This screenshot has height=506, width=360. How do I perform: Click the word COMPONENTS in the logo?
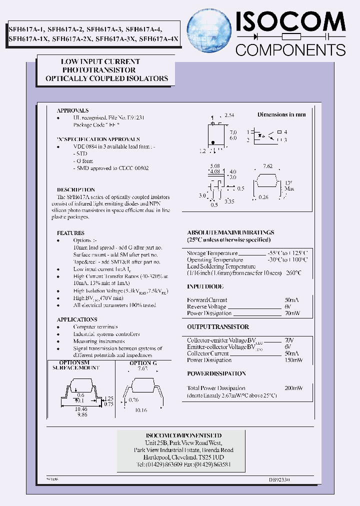pyautogui.click(x=290, y=50)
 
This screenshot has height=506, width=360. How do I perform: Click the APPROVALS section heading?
pyautogui.click(x=72, y=110)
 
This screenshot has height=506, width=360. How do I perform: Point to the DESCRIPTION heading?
pyautogui.click(x=75, y=190)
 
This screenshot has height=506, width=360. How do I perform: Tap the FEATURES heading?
pyautogui.click(x=70, y=233)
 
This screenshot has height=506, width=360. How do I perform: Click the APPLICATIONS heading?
pyautogui.click(x=76, y=319)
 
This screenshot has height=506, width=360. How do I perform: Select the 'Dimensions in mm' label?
pyautogui.click(x=281, y=114)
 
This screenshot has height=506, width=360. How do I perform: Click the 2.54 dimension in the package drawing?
pyautogui.click(x=229, y=115)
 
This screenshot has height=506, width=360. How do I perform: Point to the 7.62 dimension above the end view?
pyautogui.click(x=268, y=165)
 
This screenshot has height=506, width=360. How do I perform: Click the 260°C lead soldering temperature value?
pyautogui.click(x=293, y=273)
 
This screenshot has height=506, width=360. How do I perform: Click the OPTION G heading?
pyautogui.click(x=143, y=363)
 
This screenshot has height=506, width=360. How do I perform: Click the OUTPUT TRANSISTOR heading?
pyautogui.click(x=218, y=327)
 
